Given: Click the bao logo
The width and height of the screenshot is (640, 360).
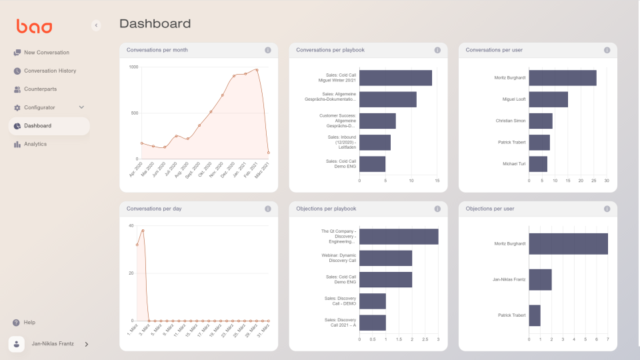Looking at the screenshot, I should coord(34,27).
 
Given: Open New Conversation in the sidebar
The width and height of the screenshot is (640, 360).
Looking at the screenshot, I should coord(46,53).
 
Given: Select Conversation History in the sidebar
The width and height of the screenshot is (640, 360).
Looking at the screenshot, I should coord(49,71).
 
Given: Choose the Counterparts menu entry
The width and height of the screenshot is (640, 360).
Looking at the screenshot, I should coord(40,89).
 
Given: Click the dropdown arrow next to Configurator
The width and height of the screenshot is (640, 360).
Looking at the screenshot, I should coord(82,107).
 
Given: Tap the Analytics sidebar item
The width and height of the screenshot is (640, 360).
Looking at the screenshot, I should coord(35,144).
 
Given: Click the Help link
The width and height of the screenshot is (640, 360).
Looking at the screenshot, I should coord(29,322).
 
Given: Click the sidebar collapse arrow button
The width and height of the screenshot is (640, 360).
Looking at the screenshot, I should coord(96,25).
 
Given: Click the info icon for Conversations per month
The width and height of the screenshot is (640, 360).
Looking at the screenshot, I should coord(268,50).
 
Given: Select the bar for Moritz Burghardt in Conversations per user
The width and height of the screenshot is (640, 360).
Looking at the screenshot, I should coord(562,78).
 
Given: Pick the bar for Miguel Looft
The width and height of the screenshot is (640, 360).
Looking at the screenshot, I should coord(548,99).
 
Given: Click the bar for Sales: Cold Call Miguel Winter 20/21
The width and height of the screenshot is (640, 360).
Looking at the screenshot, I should coord(395,78).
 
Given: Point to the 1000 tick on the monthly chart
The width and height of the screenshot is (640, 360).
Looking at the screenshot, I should coord(133,67).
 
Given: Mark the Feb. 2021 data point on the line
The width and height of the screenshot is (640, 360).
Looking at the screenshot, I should coord(257,69).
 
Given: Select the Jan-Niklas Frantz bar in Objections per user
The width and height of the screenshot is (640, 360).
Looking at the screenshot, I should coord(540,279).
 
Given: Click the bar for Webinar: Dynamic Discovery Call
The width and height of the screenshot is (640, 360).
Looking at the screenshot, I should coord(385,258).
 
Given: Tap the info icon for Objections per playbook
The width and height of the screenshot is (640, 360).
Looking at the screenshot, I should coord(438,209).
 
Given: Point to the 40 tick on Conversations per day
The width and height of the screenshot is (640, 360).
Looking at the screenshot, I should coord(131,225).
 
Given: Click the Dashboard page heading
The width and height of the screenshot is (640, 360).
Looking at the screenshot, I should coord(155,24).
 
